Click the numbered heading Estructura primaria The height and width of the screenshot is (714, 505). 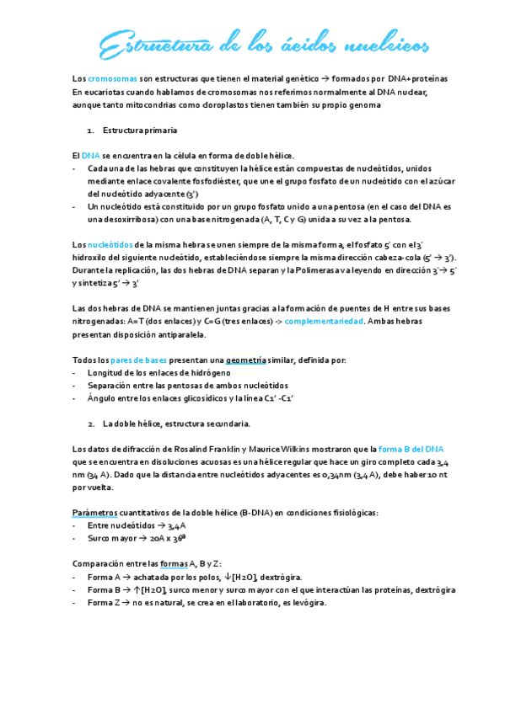[x=140, y=131]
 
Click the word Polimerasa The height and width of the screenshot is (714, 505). [x=325, y=270]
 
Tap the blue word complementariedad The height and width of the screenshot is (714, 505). [x=324, y=322]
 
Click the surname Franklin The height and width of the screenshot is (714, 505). [x=232, y=448]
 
